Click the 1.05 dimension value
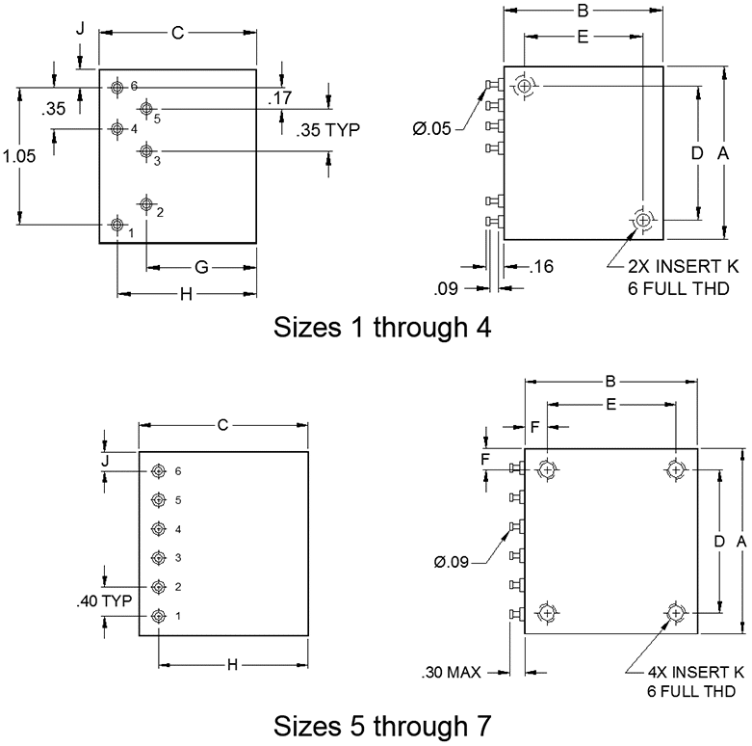[x=19, y=156]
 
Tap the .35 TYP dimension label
[x=328, y=129]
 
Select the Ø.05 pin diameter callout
[x=431, y=128]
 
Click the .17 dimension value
[x=280, y=98]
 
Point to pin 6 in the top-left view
[x=117, y=87]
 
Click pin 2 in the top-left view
[x=146, y=204]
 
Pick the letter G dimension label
[x=202, y=267]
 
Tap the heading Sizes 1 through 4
[x=382, y=328]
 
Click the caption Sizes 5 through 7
[x=382, y=726]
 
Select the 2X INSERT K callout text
[x=684, y=266]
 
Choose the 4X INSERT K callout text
[x=695, y=672]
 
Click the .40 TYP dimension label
[x=104, y=600]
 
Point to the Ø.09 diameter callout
[x=452, y=562]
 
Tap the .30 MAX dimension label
[x=451, y=673]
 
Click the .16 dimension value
[x=541, y=266]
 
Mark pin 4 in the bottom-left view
[x=158, y=529]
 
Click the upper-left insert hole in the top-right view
[x=525, y=87]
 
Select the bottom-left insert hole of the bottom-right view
[x=547, y=613]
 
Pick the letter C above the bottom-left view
[x=222, y=425]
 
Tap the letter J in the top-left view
[x=81, y=29]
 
